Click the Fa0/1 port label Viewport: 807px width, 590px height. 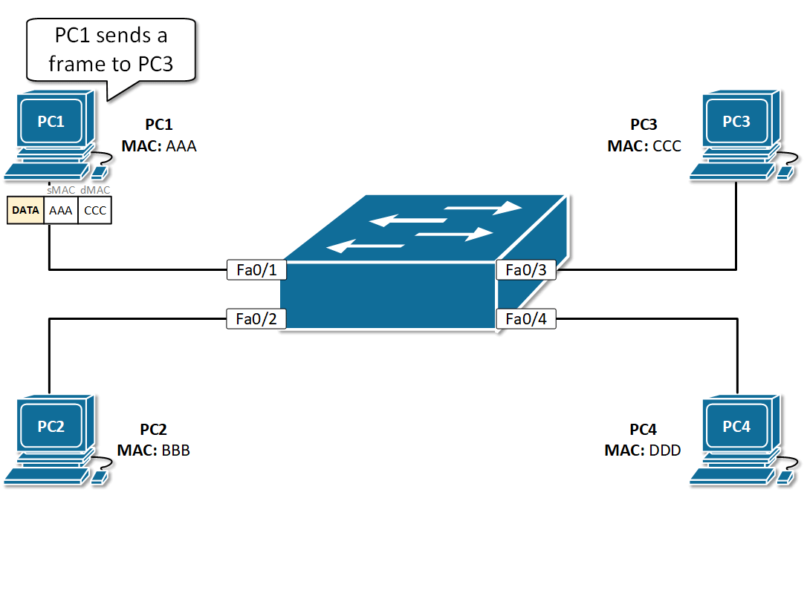(256, 270)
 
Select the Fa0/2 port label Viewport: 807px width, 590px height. (256, 319)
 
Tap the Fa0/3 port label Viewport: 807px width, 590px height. (525, 270)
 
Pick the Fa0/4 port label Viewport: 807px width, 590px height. (525, 319)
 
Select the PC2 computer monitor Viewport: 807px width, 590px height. (51, 426)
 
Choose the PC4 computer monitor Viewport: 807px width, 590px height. (736, 426)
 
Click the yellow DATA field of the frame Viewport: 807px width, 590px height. (25, 210)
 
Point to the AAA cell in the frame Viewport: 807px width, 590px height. (60, 210)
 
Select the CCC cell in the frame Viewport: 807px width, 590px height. (95, 210)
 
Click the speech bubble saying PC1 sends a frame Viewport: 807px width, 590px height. (111, 50)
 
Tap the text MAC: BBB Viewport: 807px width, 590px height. (153, 450)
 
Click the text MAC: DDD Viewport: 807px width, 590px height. (643, 450)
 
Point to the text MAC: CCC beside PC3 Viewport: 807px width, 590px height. (644, 146)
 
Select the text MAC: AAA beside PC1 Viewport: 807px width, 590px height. (159, 146)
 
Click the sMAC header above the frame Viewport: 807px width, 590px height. (61, 190)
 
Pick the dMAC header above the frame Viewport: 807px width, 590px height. (95, 190)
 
